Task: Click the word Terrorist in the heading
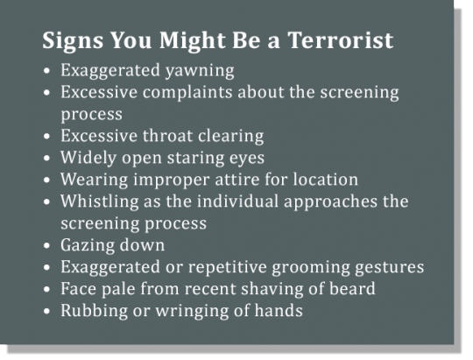(340, 39)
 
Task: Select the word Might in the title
(193, 41)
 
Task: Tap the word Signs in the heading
(73, 41)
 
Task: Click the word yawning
(200, 71)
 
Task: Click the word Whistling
(99, 202)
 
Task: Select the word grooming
(311, 268)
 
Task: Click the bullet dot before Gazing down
(46, 245)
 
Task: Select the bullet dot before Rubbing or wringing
(46, 311)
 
